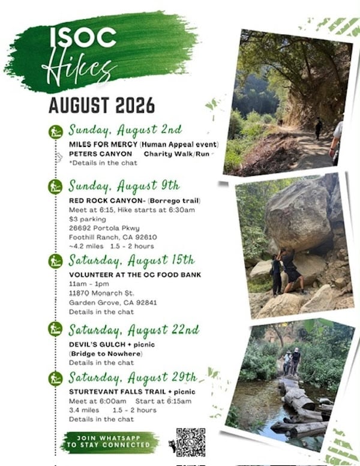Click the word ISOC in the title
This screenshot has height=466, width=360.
pos(83,37)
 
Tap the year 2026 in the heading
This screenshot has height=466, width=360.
pos(135,105)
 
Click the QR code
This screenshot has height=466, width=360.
pos(191,442)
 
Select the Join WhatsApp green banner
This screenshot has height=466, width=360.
pos(109,441)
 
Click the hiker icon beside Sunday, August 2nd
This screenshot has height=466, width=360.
pos(56,132)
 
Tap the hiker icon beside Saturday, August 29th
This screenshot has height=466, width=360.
pos(56,379)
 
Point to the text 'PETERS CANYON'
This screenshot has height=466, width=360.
pos(100,154)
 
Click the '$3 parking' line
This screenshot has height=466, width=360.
pos(88,220)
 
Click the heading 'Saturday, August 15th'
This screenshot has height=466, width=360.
pos(131,261)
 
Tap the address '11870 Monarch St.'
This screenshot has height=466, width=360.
pos(101,293)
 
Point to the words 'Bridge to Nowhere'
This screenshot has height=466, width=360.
pos(106,354)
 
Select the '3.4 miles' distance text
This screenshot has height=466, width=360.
pos(84,410)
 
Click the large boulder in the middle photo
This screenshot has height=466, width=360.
pos(298,215)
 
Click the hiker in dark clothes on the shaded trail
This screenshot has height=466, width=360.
pos(319,128)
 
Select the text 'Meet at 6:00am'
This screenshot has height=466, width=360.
pos(98,401)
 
